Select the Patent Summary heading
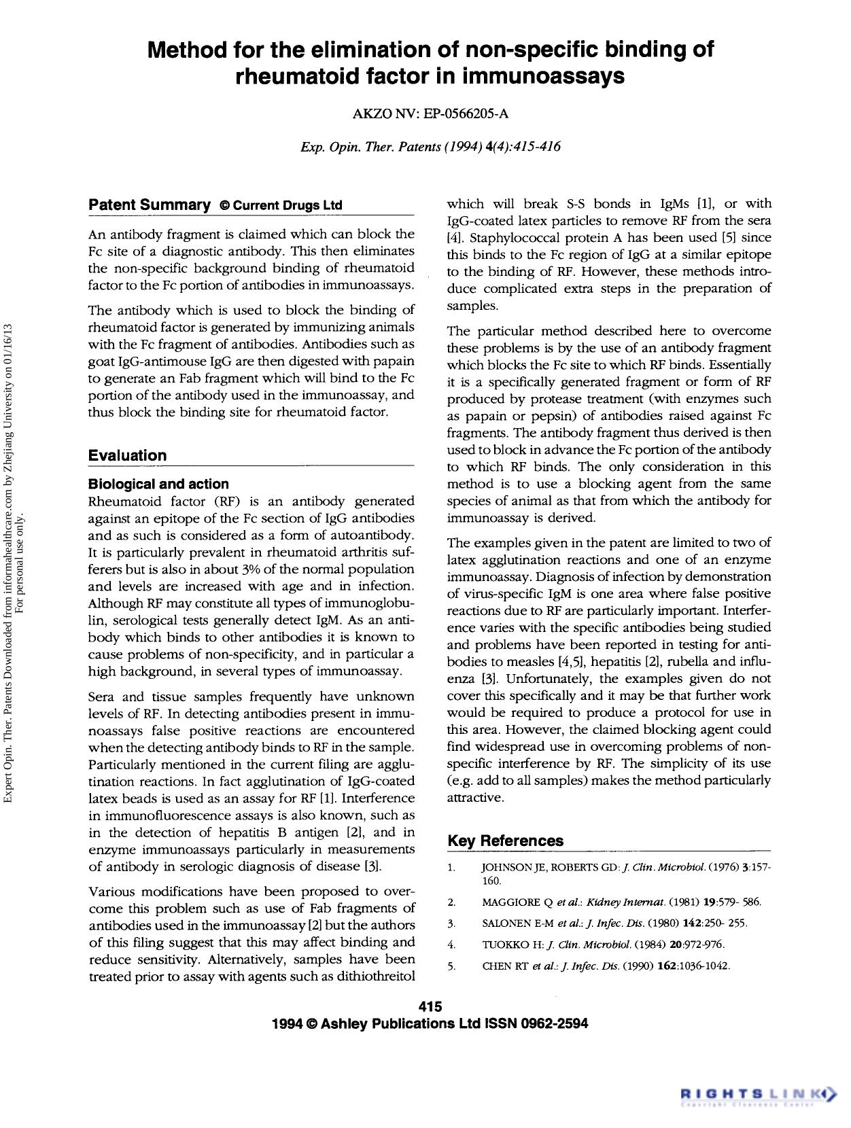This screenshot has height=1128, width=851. [150, 205]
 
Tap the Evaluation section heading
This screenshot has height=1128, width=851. [127, 455]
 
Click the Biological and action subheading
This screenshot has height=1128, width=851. [158, 484]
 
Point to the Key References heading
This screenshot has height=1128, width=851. [505, 841]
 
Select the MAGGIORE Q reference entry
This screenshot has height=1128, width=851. [621, 902]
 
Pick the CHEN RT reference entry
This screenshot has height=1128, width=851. [605, 966]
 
